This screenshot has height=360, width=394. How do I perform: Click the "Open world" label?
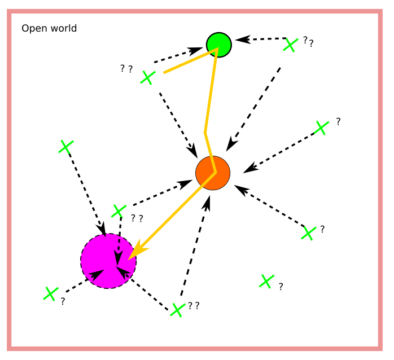coord(49,28)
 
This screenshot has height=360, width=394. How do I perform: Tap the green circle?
coord(218,44)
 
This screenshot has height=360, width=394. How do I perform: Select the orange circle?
coord(213,173)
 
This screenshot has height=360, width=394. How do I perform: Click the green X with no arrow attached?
coord(266,281)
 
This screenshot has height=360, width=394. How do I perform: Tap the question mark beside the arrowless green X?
coord(281,287)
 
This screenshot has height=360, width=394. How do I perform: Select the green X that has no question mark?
coord(66,147)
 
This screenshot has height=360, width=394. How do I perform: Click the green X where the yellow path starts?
coord(147,77)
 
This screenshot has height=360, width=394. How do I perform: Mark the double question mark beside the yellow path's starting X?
coord(126,69)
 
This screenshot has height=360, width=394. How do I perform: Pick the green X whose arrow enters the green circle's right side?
coord(290,45)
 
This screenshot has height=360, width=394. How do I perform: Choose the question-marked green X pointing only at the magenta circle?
coord(51,293)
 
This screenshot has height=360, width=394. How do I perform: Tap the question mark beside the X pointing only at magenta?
coord(63,301)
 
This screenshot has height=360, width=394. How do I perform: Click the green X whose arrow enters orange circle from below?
coord(177,310)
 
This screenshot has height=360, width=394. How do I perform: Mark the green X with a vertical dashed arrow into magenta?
coord(118,211)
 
